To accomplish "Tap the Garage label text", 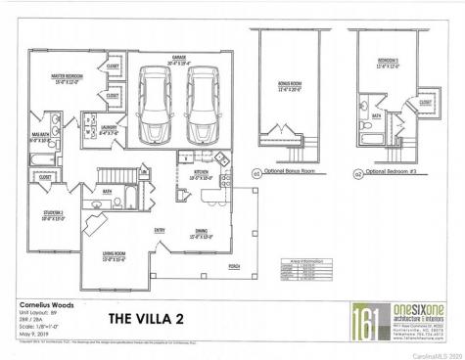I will pyautogui.click(x=180, y=58).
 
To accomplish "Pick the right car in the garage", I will pyautogui.click(x=199, y=102).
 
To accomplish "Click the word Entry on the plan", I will pyautogui.click(x=160, y=231).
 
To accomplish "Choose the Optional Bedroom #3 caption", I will pyautogui.click(x=387, y=169).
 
